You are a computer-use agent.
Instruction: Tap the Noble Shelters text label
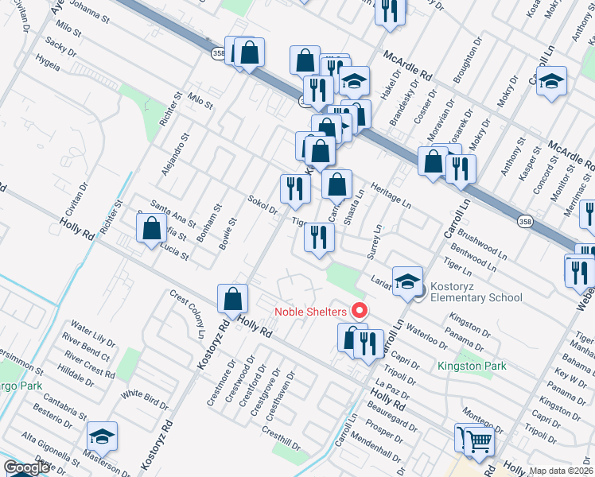click(313, 312)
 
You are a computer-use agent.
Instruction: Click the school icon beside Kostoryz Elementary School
click(408, 281)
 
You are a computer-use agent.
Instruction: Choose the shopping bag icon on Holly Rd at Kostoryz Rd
click(233, 300)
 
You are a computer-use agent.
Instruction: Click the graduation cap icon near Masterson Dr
click(102, 436)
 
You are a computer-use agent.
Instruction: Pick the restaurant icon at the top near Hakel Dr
click(389, 10)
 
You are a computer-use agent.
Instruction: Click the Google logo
click(26, 468)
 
